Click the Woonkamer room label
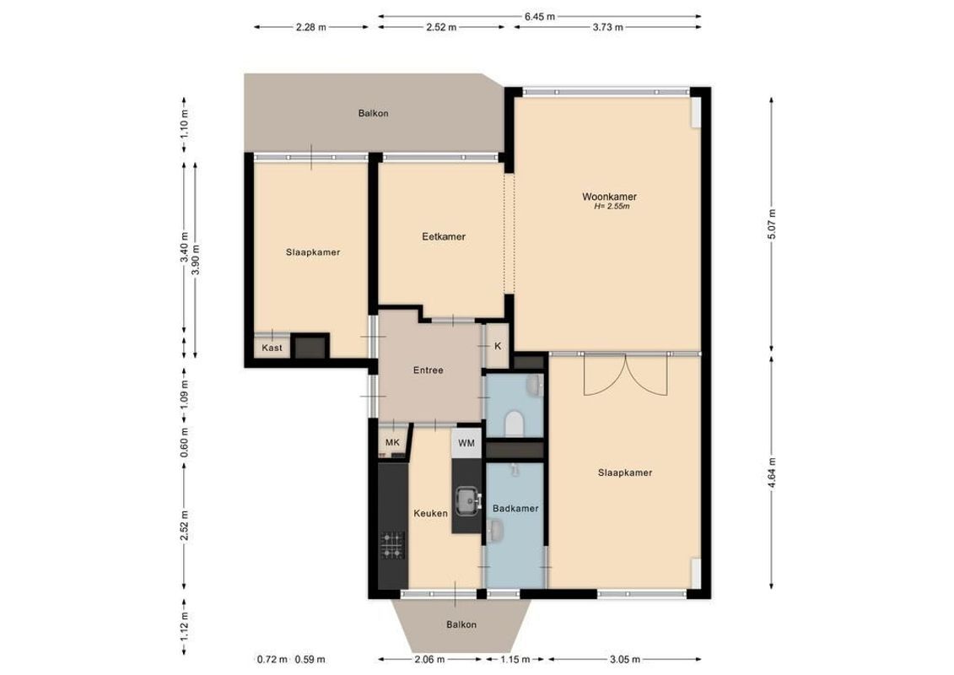(608, 197)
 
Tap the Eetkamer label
(444, 237)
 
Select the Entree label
(428, 370)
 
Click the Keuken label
(430, 513)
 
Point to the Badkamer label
(515, 509)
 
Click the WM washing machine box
(466, 442)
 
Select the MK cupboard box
(391, 442)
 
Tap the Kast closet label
(272, 348)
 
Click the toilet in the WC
(514, 421)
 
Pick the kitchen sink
(466, 501)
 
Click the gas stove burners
(392, 545)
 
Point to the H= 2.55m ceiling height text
(612, 206)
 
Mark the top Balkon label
(373, 113)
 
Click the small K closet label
(498, 346)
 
